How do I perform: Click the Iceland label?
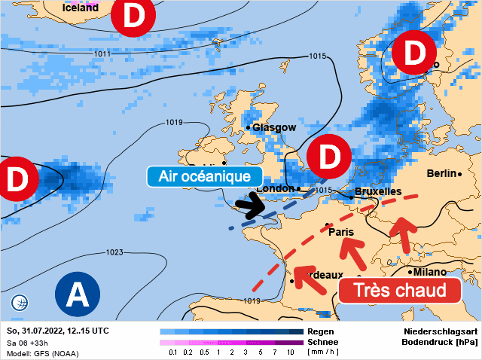click(x=80, y=7)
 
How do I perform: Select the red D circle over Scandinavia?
click(x=413, y=53)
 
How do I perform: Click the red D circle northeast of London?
click(x=329, y=157)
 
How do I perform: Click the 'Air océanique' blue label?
click(x=199, y=176)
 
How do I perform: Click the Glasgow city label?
click(x=274, y=127)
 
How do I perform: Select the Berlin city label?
click(x=442, y=174)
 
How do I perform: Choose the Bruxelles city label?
click(x=378, y=192)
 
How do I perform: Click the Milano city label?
click(x=428, y=271)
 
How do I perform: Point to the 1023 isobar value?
click(x=114, y=252)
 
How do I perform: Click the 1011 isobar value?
click(x=102, y=53)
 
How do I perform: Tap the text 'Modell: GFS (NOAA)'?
click(x=42, y=353)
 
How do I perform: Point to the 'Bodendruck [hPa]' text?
click(x=439, y=342)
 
